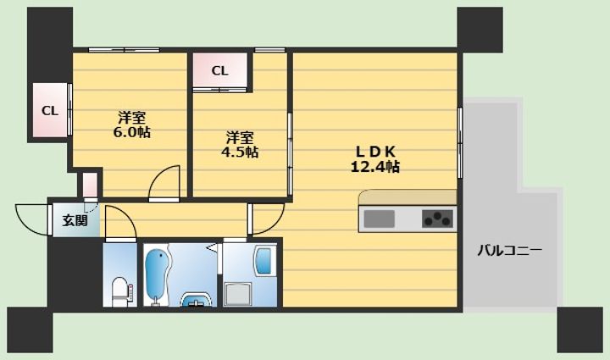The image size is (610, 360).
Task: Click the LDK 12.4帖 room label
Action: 375,159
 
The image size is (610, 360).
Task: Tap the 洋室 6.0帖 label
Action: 131,125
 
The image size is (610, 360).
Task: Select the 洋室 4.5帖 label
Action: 240,145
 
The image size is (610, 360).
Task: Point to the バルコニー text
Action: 509,250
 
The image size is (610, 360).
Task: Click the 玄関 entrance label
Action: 75,220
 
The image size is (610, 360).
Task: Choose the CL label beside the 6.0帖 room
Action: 50,111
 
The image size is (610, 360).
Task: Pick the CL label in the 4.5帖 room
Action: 219,71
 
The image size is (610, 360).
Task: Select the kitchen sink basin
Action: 379,219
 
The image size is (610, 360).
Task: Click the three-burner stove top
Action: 438,219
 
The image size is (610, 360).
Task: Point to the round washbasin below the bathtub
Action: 197,300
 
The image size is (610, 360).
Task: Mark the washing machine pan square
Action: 237,294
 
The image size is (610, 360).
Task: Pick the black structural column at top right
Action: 480,30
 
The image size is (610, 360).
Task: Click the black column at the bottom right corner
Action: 580,330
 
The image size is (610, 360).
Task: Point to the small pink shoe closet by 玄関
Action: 90,186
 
